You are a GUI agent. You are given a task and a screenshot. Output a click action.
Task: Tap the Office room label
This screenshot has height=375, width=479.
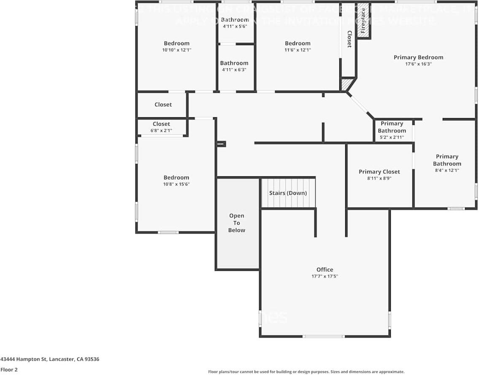pyautogui.click(x=325, y=270)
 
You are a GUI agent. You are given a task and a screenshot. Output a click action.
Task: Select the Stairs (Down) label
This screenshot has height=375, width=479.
pyautogui.click(x=288, y=193)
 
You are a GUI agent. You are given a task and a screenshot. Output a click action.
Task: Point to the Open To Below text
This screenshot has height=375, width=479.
pyautogui.click(x=236, y=223)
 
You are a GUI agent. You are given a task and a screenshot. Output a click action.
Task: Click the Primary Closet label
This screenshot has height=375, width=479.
pyautogui.click(x=379, y=172)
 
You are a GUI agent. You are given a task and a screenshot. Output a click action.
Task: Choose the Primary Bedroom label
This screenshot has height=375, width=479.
pyautogui.click(x=418, y=57)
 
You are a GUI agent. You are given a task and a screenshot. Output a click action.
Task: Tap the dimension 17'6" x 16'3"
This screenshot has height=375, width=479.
pyautogui.click(x=418, y=64)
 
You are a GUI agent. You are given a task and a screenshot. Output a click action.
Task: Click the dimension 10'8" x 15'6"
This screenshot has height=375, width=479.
pyautogui.click(x=176, y=184)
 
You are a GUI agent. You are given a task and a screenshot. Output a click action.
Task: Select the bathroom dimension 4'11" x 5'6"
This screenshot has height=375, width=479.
pyautogui.click(x=235, y=26)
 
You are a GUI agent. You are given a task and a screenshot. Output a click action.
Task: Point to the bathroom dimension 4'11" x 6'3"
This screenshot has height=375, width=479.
pyautogui.click(x=234, y=70)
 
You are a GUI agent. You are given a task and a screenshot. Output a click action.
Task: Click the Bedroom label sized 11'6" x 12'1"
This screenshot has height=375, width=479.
pyautogui.click(x=298, y=43)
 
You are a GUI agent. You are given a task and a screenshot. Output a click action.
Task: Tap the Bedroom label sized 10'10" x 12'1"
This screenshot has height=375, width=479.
pyautogui.click(x=176, y=43)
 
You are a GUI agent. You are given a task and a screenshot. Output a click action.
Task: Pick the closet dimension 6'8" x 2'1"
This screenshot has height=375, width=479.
pyautogui.click(x=161, y=131)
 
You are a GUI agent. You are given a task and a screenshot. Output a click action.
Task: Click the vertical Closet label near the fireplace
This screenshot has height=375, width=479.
pyautogui.click(x=349, y=39)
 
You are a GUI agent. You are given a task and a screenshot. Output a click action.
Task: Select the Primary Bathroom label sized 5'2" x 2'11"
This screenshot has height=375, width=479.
pyautogui.click(x=392, y=127)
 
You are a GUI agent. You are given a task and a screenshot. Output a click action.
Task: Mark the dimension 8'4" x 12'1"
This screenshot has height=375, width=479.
pyautogui.click(x=447, y=170)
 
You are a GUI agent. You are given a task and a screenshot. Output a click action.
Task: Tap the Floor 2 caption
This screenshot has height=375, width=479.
pyautogui.click(x=9, y=370)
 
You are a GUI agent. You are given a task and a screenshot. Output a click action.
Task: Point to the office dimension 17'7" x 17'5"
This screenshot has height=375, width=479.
pyautogui.click(x=325, y=276)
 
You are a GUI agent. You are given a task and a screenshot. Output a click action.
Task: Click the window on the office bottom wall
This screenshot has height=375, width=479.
pyautogui.click(x=324, y=336)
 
